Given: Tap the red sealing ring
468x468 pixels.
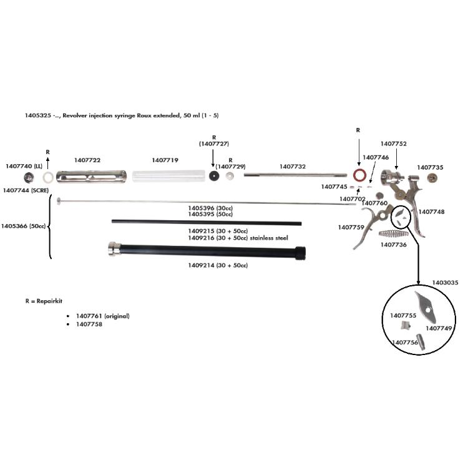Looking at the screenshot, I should coord(360,173).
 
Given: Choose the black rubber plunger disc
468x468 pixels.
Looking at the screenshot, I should coord(215,177).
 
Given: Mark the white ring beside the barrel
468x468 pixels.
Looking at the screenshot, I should coord(48,178).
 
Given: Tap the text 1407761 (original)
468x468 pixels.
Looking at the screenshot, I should coord(102,316).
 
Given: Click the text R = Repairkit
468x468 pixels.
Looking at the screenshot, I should coord(44,301).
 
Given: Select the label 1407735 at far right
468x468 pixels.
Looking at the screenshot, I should coord(431,167).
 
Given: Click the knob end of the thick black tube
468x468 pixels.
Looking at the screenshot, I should coord(114,250).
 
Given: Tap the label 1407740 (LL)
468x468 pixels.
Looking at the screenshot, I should coord(24,166).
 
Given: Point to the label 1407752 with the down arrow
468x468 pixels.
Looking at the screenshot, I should coord(394,144).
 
